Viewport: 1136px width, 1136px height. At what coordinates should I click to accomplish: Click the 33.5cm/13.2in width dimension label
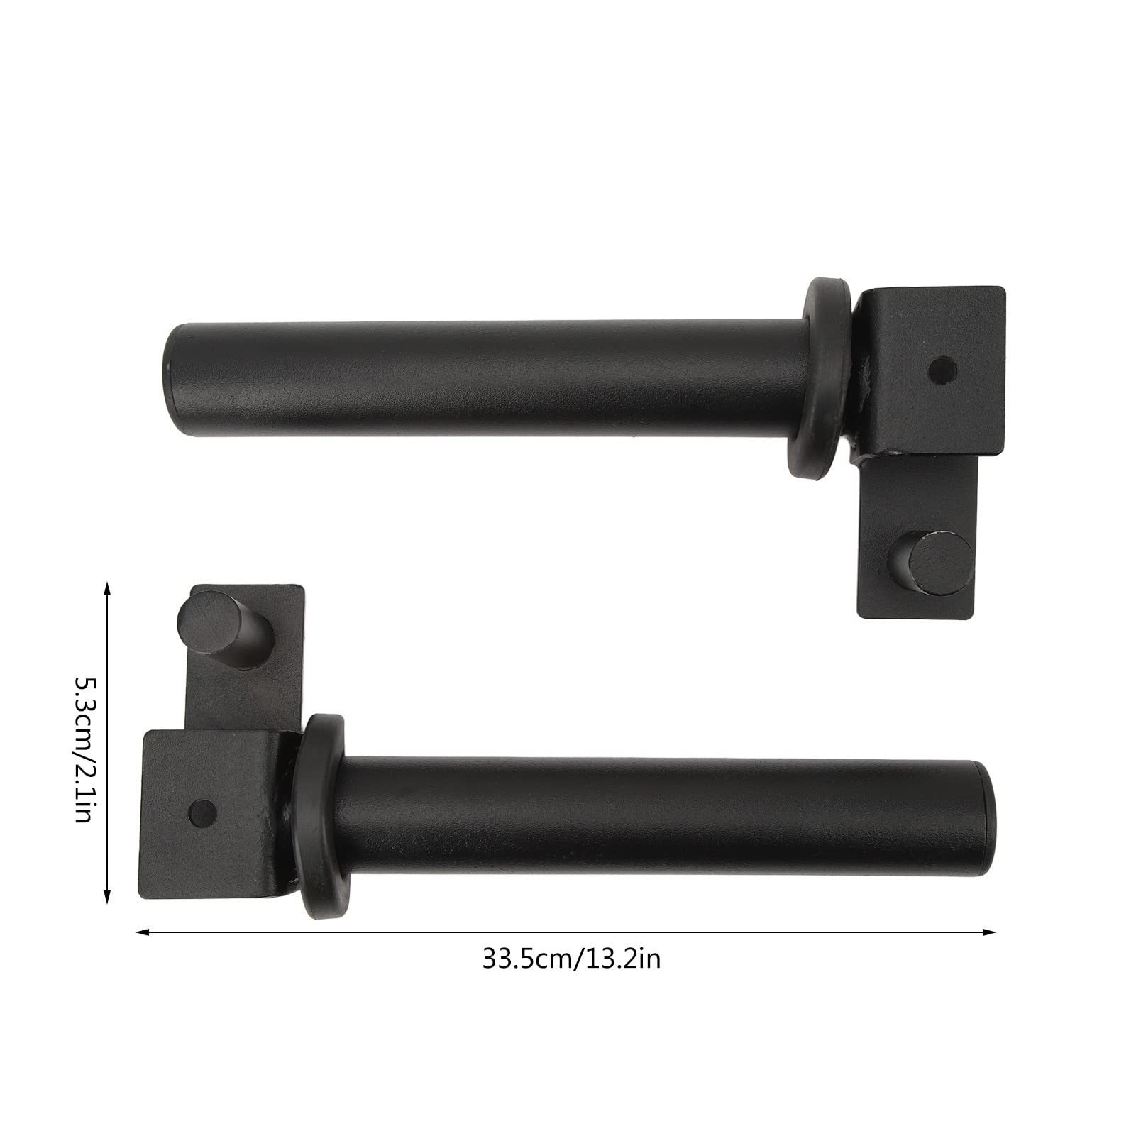tap(571, 959)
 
